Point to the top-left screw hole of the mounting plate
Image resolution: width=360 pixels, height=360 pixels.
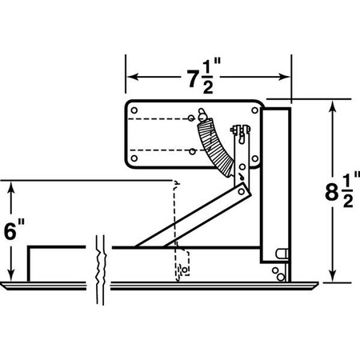coord(134,110)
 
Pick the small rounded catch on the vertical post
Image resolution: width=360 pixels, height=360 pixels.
coord(280,253)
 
